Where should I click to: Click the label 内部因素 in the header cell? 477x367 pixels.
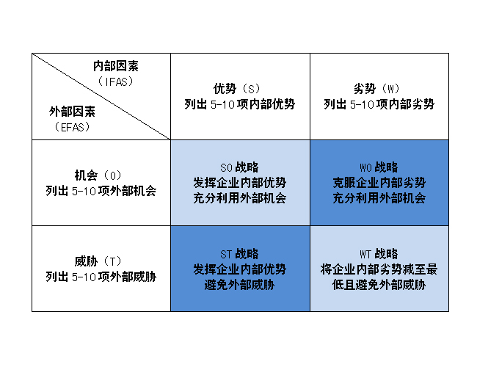click(116, 66)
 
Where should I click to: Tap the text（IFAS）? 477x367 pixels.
click(116, 81)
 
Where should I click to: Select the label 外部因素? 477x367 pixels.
click(72, 112)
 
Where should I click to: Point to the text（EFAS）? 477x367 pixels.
click(72, 127)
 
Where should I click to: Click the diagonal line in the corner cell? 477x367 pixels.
click(101, 96)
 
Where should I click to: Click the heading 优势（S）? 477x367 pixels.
click(237, 89)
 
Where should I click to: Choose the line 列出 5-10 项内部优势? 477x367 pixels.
click(240, 104)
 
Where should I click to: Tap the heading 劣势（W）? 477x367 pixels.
click(376, 89)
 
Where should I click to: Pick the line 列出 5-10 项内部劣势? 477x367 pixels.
click(379, 104)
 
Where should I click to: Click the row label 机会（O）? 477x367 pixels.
click(98, 175)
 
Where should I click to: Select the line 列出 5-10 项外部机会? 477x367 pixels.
click(101, 191)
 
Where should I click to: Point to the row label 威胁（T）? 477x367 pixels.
click(98, 261)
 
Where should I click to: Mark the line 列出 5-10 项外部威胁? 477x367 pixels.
click(101, 277)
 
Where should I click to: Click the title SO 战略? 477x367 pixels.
click(239, 167)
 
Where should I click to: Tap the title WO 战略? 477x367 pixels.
click(379, 167)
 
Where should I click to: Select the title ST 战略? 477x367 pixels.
click(239, 254)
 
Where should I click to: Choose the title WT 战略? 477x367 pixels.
click(379, 254)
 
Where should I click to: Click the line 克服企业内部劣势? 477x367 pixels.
click(379, 183)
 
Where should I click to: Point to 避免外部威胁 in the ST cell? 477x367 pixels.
click(239, 285)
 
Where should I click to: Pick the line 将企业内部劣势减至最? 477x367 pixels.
click(379, 269)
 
